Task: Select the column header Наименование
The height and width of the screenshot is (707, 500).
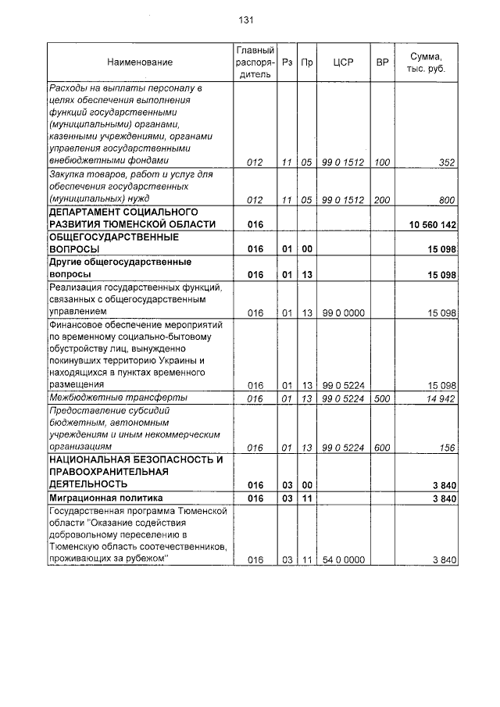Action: [x=140, y=62]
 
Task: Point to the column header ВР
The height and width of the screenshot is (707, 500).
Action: [x=382, y=62]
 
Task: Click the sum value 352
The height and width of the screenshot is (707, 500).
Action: [x=447, y=162]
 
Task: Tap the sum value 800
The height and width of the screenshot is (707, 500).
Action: [x=447, y=200]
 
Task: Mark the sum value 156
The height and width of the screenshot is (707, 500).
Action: [x=447, y=448]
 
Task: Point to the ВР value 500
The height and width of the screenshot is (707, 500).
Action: [x=382, y=398]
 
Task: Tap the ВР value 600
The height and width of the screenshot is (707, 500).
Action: [x=382, y=448]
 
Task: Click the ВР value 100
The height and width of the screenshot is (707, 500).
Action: [x=382, y=162]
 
